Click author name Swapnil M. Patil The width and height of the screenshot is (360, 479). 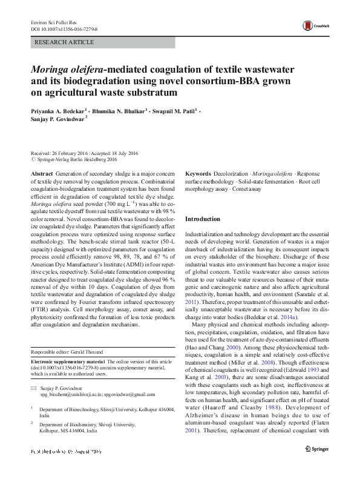coord(175,112)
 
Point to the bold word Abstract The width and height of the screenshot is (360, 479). coord(41,173)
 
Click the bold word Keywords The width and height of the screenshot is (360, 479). coord(198,173)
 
